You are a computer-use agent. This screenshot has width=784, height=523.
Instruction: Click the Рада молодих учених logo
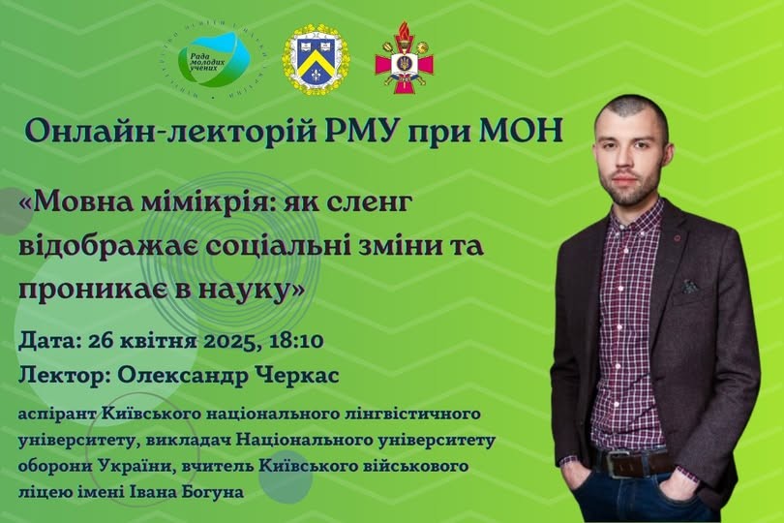215,61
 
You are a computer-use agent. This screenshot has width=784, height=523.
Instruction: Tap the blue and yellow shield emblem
317,59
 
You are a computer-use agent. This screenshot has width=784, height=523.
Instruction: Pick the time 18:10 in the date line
296,341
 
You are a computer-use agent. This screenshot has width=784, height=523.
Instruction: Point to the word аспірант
57,415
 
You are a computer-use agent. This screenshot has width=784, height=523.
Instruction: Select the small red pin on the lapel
677,238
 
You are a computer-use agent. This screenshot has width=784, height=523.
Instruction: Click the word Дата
45,341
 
